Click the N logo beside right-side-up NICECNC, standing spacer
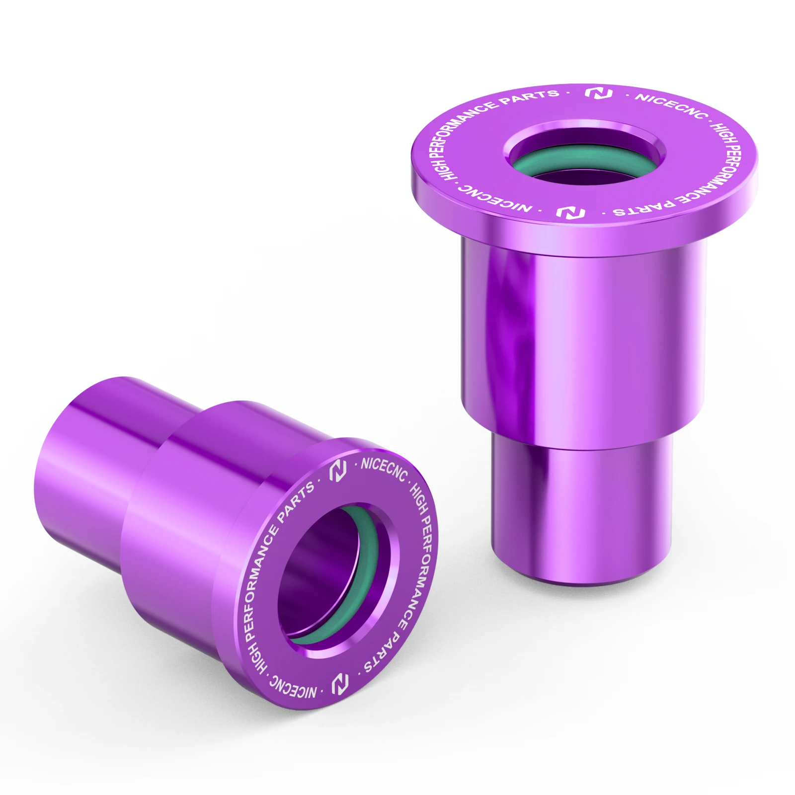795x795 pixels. click(x=598, y=93)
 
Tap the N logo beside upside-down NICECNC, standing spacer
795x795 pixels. click(x=570, y=213)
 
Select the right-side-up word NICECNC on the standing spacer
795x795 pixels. click(x=671, y=105)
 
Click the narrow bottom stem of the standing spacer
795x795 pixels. click(x=581, y=512)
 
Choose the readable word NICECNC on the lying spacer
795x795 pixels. click(x=384, y=470)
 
